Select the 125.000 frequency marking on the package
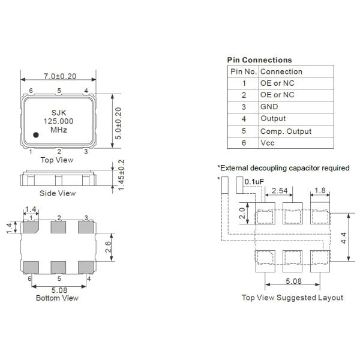point(58,121)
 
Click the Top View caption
point(57,160)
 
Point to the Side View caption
point(58,193)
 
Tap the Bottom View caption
point(57,298)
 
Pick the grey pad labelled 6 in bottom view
point(29,266)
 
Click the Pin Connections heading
point(259,60)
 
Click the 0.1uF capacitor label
point(254,181)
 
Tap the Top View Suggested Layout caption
point(292,298)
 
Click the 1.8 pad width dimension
point(320,191)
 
